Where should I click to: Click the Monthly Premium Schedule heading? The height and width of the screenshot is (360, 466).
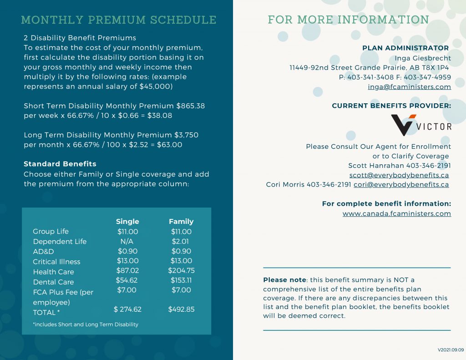pos(119,20)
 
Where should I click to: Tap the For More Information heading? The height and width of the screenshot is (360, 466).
pos(348,20)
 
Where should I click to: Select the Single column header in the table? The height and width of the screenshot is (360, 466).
pos(127,222)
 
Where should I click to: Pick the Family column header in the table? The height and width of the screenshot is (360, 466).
pos(181,222)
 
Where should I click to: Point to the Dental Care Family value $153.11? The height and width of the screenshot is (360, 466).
pos(181,280)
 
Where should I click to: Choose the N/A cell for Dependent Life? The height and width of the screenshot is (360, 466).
pos(127,241)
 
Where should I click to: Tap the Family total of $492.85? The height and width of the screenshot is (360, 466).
pos(181,309)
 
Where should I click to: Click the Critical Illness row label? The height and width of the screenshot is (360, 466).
pos(56,262)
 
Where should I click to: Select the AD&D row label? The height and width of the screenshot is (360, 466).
pos(44,252)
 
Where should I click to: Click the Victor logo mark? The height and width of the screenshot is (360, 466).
pos(403,125)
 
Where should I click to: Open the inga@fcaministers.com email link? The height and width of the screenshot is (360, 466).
pos(409,87)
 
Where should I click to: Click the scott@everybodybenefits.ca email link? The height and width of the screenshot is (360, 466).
pos(399,175)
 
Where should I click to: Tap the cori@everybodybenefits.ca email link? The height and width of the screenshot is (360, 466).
pos(401,185)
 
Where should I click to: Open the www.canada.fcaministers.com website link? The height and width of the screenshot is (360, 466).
pos(396,214)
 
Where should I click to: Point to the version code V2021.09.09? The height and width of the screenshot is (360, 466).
pos(451,350)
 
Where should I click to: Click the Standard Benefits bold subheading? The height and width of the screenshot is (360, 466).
pos(60,164)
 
